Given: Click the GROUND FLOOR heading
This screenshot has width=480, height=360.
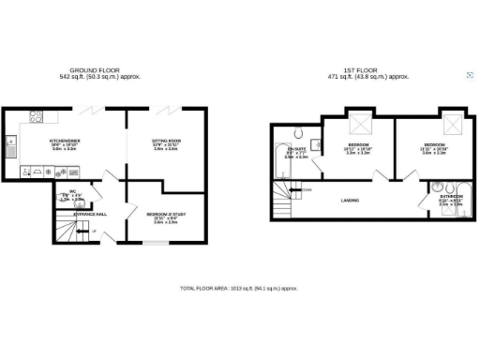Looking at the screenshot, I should (x=100, y=70).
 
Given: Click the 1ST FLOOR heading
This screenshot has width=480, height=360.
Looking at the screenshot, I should (x=373, y=70).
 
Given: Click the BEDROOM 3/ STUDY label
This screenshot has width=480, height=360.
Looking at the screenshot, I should (x=165, y=214).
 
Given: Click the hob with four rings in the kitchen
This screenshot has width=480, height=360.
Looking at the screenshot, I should (x=37, y=118).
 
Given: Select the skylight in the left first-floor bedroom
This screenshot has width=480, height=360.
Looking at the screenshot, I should (x=359, y=127).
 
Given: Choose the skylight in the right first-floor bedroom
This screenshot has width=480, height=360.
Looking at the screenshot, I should (x=453, y=126).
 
